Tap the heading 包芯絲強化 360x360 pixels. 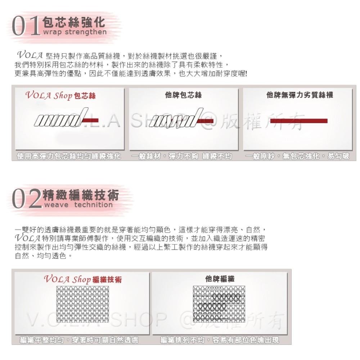point(74,22)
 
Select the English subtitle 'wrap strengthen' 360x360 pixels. point(75,32)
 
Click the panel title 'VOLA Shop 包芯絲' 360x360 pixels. point(60,96)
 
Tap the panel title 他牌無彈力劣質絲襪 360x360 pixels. point(300,95)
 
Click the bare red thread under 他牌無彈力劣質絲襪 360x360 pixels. point(298,121)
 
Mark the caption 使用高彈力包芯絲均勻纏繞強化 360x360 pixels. point(69,157)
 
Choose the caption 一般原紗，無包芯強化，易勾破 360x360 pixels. point(297,157)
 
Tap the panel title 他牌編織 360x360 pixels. point(220,279)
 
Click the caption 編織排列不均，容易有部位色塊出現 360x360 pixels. point(220,340)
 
